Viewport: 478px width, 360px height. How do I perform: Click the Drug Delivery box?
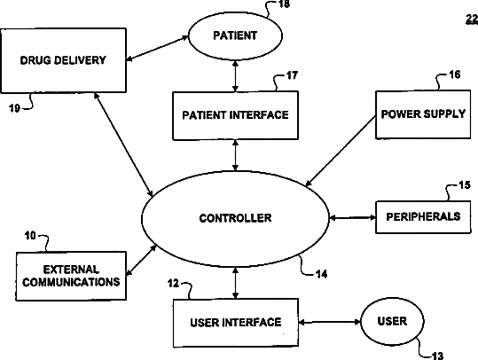(x=64, y=60)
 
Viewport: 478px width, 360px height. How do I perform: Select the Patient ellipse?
(x=235, y=36)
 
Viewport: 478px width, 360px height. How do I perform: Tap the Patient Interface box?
(x=235, y=115)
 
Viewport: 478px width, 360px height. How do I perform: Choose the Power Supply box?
(x=423, y=114)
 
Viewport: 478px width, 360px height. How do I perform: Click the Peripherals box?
(x=423, y=217)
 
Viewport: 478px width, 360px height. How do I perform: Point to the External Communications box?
(x=71, y=276)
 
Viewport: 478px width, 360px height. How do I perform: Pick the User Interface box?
(x=236, y=323)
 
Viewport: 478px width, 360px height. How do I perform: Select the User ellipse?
(x=392, y=321)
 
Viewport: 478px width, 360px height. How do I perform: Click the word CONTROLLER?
(x=235, y=218)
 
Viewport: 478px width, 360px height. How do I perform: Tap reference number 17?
(x=292, y=75)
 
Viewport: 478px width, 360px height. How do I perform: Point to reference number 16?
(x=454, y=74)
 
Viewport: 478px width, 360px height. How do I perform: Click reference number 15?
(x=465, y=185)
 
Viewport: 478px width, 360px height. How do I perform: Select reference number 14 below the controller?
(x=321, y=274)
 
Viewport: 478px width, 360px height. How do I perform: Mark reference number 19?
(x=14, y=108)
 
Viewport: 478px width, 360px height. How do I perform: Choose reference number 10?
(x=30, y=236)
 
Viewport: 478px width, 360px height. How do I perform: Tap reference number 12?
(x=173, y=284)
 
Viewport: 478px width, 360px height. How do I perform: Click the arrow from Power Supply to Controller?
(x=341, y=152)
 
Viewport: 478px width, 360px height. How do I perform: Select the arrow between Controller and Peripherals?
(x=352, y=217)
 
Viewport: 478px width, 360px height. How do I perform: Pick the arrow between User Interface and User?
(x=330, y=322)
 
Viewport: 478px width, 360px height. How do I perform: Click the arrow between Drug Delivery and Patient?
(x=157, y=48)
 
